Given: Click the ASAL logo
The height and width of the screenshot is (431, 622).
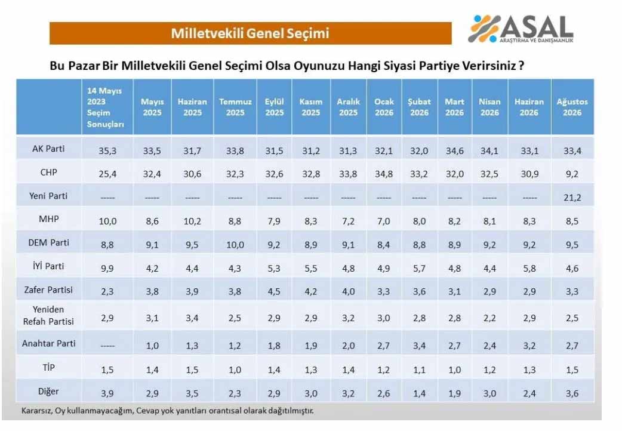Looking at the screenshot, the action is point(521,29).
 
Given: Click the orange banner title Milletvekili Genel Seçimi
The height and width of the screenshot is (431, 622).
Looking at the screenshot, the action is point(250,33).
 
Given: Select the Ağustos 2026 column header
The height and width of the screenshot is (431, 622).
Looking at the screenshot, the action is point(572,107).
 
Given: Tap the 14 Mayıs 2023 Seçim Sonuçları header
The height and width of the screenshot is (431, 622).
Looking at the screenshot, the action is point(105,107).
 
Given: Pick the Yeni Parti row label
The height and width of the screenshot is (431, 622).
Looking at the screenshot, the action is point(48,196).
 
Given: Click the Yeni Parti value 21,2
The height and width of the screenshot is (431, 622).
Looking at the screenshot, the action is point(572,197).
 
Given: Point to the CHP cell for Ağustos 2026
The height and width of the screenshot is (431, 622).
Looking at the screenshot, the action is point(572,174).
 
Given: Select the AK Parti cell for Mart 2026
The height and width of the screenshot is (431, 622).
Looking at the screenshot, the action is point(455,151).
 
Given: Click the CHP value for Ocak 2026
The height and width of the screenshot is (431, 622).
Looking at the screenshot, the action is point(384,174).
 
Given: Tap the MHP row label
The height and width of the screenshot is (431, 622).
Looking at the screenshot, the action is point(49,219).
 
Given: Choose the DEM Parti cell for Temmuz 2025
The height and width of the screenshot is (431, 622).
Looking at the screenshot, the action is point(235,245).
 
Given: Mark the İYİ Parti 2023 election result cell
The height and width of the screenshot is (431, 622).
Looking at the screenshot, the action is point(107,268).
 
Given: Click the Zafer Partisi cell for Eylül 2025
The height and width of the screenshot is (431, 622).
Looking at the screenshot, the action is point(274,291).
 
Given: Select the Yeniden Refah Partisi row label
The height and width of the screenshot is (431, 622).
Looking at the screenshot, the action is point(48,316).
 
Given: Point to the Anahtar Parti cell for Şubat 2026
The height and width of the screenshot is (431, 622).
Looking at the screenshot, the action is point(419,346).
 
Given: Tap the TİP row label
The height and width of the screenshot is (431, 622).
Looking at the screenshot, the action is point(49,367).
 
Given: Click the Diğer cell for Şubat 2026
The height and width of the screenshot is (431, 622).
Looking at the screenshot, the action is point(419,393).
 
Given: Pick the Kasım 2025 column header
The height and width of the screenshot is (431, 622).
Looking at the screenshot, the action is point(310,107).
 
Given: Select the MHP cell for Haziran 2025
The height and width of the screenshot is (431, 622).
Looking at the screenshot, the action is point(192,221).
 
